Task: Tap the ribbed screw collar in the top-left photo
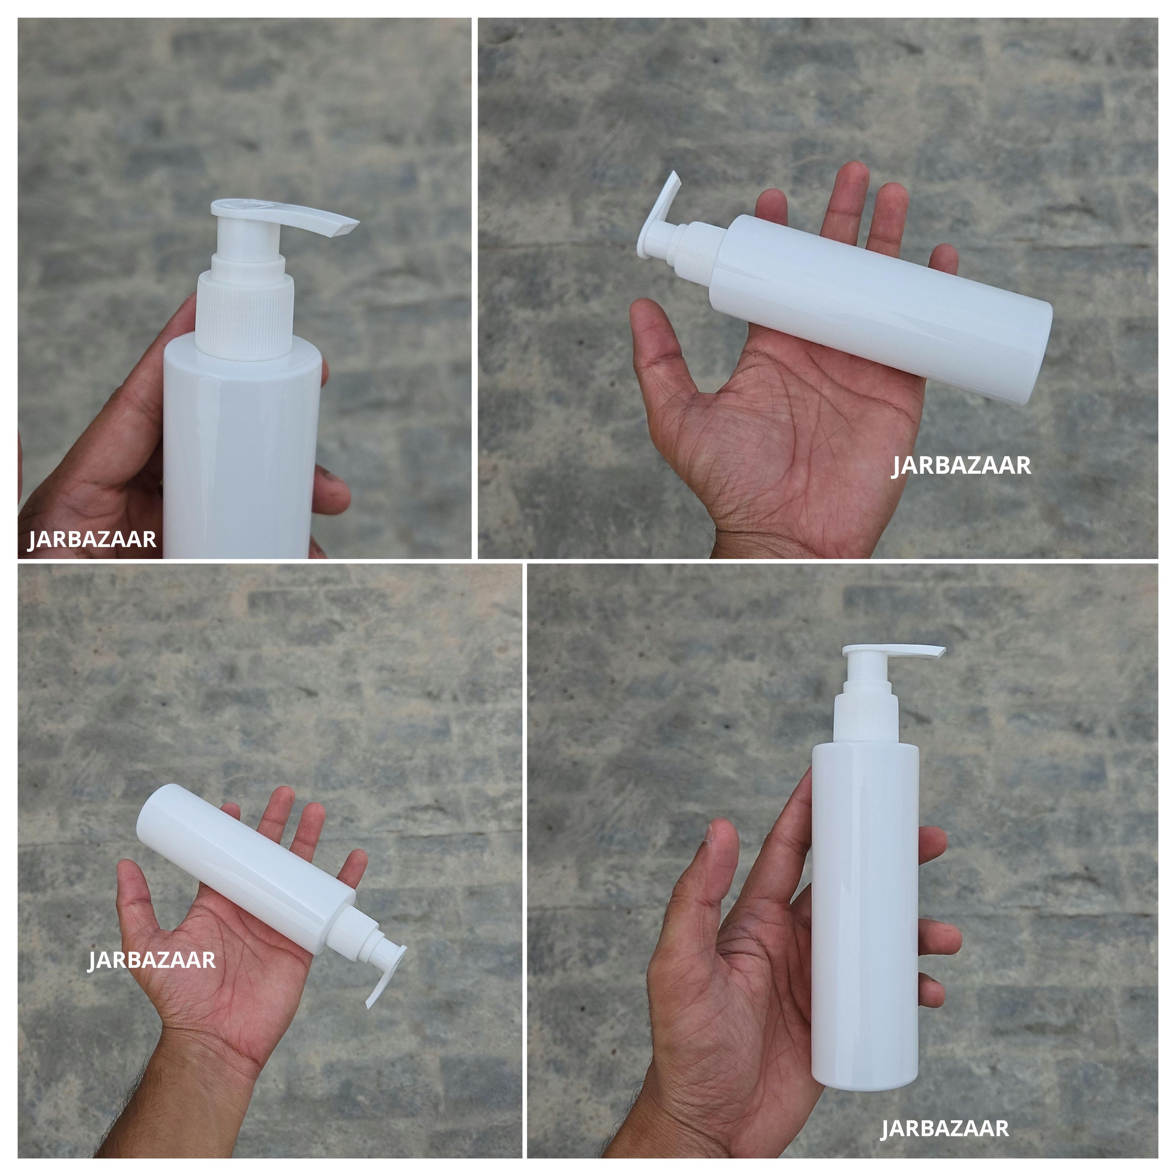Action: click(x=245, y=320)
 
